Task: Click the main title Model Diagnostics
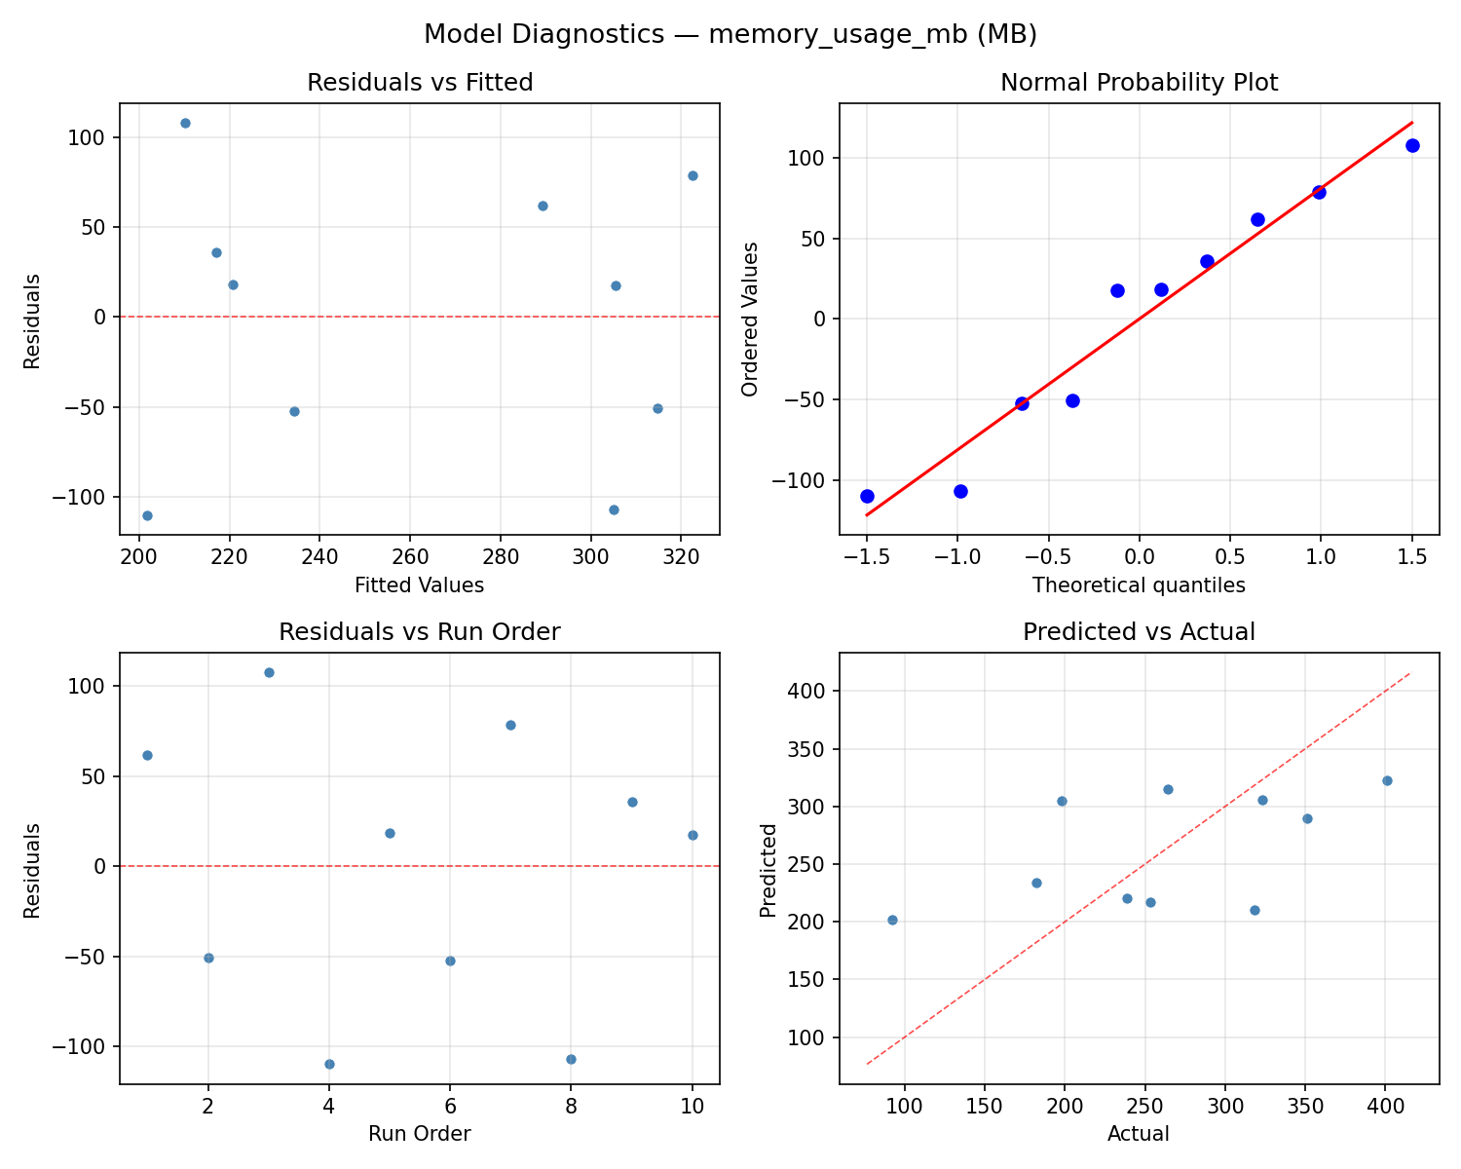(x=730, y=34)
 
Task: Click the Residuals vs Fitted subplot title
(x=420, y=83)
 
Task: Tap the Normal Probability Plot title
(x=1139, y=83)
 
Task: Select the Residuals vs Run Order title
(x=420, y=632)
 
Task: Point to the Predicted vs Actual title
(x=1139, y=632)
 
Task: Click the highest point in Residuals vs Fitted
(x=185, y=123)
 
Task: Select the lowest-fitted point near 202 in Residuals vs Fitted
(x=147, y=515)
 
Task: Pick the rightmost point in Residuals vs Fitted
(x=693, y=175)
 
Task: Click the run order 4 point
(x=329, y=1064)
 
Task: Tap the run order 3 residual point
(x=269, y=672)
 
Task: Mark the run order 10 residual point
(x=693, y=835)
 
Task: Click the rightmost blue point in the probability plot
(x=1412, y=145)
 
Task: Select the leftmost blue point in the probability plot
(x=867, y=496)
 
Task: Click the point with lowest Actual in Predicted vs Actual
(x=892, y=920)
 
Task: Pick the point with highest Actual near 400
(x=1387, y=780)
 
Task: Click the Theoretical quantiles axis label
(x=1139, y=585)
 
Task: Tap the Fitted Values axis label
(x=420, y=585)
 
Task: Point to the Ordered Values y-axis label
(x=749, y=319)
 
